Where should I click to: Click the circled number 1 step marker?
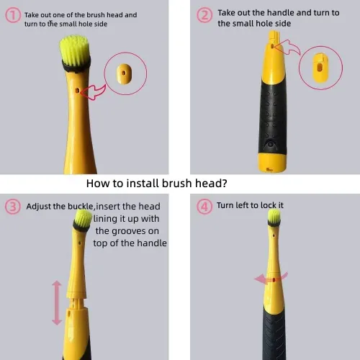coord(13,15)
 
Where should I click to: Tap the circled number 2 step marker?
coord(204,15)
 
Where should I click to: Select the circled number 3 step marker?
coord(13,207)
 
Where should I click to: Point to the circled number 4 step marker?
coord(204,207)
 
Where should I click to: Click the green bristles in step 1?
coord(74,50)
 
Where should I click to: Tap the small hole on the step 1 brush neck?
coord(77,91)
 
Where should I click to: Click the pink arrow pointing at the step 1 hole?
coord(93,91)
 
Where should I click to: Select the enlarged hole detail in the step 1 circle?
coord(124,73)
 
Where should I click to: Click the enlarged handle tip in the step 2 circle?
coord(320,68)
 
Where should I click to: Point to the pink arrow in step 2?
coord(287,48)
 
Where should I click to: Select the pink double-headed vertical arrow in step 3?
coord(57,302)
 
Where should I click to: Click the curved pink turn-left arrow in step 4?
coord(270,279)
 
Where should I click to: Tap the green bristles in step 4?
coord(274,215)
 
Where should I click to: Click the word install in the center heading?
coord(143,184)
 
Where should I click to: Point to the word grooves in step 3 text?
coord(129,231)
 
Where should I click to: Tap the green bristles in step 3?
coord(83,218)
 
